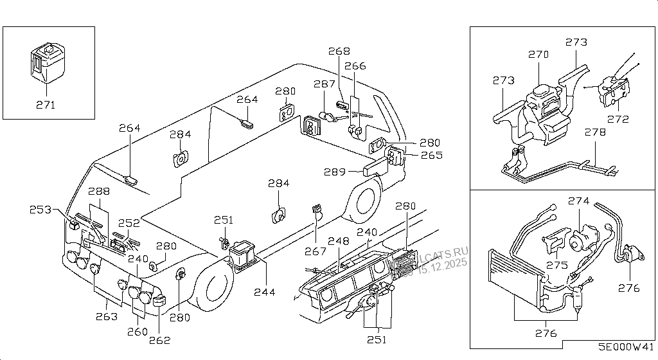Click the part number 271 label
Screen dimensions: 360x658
pos(45,105)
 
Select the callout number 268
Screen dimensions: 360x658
pos(339,51)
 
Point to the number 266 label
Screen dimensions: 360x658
pos(355,66)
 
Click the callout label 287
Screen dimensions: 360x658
pos(325,84)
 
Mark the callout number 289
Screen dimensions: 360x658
pos(336,172)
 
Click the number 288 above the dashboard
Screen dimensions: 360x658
pos(100,192)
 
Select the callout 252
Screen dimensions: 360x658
pos(129,223)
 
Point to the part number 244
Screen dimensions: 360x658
pos(264,292)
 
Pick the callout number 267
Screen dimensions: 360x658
pos(316,251)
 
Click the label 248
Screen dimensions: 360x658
pos(339,242)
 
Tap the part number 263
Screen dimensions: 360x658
pos(107,316)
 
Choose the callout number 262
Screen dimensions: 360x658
pos(161,340)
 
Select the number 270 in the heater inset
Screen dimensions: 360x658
pos(538,55)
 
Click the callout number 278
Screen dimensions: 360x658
pos(596,132)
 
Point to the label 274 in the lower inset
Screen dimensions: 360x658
pos(578,201)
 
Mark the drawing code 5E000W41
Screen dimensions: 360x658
pos(626,346)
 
